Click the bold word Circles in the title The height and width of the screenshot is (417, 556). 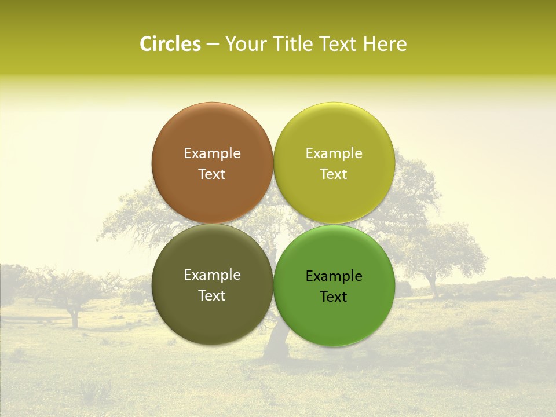[x=170, y=44]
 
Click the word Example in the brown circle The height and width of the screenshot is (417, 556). [x=212, y=153]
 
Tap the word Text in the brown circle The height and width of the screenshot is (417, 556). [x=212, y=174]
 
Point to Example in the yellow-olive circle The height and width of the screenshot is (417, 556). [x=334, y=153]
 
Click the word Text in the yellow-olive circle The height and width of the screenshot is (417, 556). [x=334, y=174]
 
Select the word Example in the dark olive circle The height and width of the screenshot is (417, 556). [x=212, y=275]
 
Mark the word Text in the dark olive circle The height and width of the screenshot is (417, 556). [x=212, y=295]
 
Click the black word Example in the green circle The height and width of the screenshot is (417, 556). [x=334, y=276]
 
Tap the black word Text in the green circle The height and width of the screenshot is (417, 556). [x=334, y=297]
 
